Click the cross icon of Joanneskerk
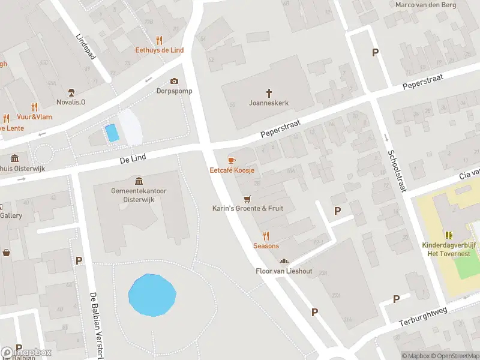[269, 93]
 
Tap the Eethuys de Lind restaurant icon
[159, 40]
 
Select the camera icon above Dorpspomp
[174, 81]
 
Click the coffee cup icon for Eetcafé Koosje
[232, 160]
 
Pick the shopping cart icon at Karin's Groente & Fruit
[247, 199]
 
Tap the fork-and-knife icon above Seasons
[266, 236]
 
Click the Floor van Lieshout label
[284, 271]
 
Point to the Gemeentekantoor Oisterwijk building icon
[139, 181]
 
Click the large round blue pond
[152, 295]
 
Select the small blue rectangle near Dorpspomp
[112, 133]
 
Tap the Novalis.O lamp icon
[71, 92]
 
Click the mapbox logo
[26, 352]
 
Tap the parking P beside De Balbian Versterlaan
[79, 261]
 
